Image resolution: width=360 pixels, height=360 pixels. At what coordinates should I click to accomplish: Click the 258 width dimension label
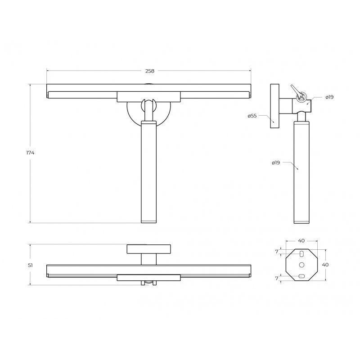[150, 71]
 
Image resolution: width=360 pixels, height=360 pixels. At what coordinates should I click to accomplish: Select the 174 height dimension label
[30, 153]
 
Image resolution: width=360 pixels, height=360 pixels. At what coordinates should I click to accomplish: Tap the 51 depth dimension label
[30, 265]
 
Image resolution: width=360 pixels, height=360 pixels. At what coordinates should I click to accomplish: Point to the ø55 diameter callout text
[252, 116]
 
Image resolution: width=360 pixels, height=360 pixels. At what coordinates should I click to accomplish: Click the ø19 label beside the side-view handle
[276, 163]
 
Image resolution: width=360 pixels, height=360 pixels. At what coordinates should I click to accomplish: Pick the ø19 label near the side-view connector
[329, 97]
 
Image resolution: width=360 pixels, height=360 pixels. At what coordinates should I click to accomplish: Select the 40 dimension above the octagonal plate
[301, 241]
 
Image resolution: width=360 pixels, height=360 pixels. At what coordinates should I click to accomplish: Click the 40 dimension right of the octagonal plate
[325, 265]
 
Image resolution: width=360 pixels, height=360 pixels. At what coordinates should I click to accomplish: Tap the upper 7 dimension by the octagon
[277, 252]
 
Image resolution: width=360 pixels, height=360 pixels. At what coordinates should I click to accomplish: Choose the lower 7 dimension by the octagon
[277, 278]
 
